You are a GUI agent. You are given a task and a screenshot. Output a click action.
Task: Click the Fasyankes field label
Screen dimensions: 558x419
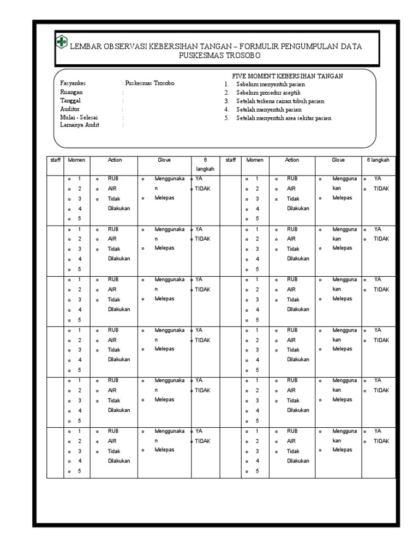click(73, 83)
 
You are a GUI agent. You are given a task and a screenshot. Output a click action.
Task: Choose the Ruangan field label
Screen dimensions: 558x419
click(71, 92)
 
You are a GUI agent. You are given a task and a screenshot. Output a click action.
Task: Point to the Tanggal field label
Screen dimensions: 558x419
click(71, 100)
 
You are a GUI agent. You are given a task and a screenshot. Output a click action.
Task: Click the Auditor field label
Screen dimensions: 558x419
click(70, 108)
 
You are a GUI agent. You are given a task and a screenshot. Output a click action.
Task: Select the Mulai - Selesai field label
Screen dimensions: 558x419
click(79, 117)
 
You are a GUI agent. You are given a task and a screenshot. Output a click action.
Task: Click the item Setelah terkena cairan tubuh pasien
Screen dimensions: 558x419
click(280, 101)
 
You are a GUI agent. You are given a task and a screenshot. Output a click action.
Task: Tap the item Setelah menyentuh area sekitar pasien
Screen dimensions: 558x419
click(284, 118)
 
